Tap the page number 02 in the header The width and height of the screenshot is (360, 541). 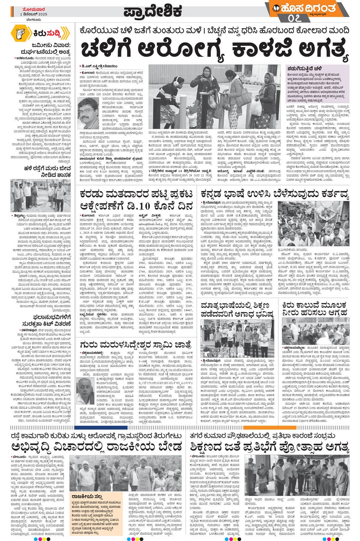click(294, 18)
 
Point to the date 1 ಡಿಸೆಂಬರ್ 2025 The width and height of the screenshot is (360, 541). click(34, 14)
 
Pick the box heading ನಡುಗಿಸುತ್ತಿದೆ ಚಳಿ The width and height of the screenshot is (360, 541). click(304, 68)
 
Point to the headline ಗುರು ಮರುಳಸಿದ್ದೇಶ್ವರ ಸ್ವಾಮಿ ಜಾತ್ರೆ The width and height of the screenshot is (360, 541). click(136, 344)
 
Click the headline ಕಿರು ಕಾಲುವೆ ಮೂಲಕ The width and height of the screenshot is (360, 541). click(314, 305)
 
